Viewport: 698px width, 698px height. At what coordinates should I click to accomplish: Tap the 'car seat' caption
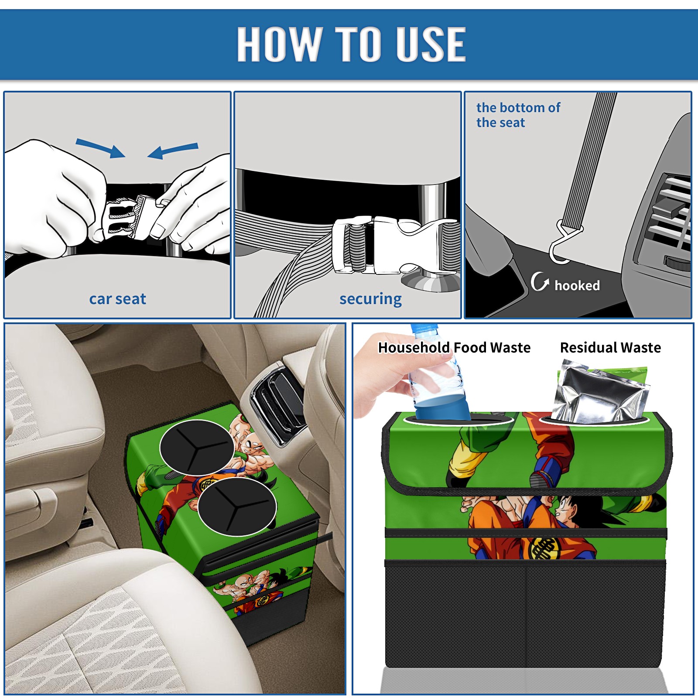tap(117, 299)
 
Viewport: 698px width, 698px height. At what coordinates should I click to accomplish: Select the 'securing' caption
tap(370, 299)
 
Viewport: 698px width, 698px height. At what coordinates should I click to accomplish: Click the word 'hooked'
tap(577, 285)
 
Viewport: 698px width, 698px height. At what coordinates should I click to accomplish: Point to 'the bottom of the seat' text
tap(518, 115)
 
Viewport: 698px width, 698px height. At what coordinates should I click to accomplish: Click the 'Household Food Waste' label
tap(454, 347)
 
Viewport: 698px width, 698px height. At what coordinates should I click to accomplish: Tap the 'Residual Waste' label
tap(610, 347)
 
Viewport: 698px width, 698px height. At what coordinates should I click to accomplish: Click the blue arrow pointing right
tap(100, 147)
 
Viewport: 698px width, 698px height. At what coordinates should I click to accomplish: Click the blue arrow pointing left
tap(173, 151)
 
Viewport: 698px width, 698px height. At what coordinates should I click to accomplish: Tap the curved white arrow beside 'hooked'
tap(540, 281)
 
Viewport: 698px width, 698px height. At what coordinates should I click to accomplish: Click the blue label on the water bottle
tap(441, 408)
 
